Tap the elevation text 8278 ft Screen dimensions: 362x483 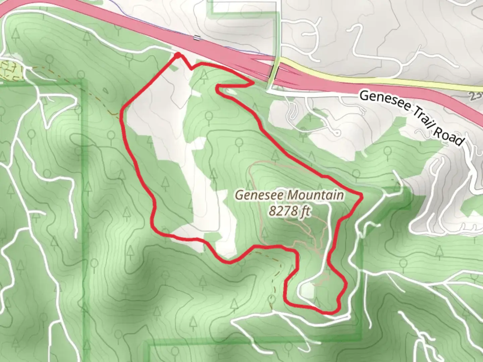[x=289, y=212]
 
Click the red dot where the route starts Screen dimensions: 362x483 [x=178, y=54]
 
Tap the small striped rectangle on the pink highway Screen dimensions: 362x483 [x=196, y=38]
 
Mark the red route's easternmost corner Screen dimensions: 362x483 [x=362, y=195]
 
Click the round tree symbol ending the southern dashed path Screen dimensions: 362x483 [x=272, y=298]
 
